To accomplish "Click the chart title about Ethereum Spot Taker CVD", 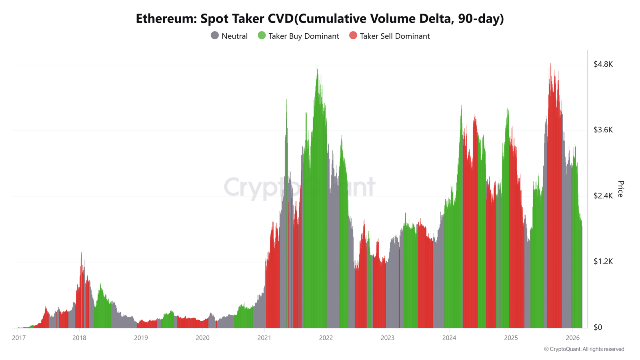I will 320,18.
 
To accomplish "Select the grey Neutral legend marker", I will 215,36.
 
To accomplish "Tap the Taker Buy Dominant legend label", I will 304,36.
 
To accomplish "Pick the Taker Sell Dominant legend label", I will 394,36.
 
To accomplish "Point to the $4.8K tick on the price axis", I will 603,64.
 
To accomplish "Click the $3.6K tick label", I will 603,130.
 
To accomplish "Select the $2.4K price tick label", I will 603,196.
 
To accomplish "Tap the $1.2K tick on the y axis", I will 603,261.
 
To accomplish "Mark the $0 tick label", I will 598,327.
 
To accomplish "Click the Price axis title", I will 620,189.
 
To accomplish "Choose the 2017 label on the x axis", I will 19,338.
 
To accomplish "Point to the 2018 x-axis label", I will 79,338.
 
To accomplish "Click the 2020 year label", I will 202,338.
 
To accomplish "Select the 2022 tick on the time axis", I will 326,338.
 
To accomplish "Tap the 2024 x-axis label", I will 449,338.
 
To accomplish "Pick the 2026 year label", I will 572,338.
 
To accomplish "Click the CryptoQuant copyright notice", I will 584,349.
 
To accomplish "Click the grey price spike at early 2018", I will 82,254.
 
